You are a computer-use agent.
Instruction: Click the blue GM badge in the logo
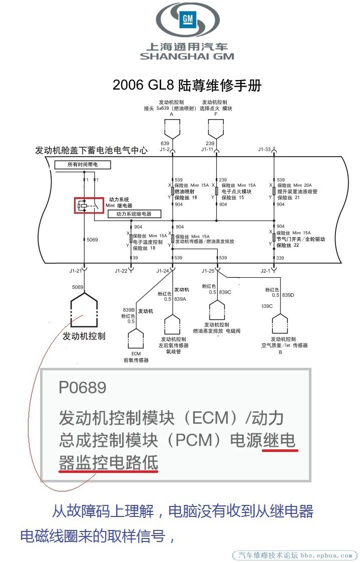point(187,20)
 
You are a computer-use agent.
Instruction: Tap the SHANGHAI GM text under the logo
point(187,57)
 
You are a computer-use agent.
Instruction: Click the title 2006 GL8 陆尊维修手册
point(187,85)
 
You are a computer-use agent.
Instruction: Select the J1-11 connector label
point(207,149)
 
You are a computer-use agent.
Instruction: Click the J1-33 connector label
point(264,149)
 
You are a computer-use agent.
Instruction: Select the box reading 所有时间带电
point(82,165)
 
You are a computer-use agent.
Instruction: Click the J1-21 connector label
point(75,271)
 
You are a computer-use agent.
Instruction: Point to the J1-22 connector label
point(121,271)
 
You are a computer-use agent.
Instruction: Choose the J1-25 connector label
point(208,271)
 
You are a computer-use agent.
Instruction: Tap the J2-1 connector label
point(265,271)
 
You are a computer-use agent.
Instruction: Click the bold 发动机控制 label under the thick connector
point(84,336)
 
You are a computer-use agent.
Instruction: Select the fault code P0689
point(82,387)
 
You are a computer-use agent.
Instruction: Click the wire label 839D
point(288,295)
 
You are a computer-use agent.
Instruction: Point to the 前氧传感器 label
point(136,360)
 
